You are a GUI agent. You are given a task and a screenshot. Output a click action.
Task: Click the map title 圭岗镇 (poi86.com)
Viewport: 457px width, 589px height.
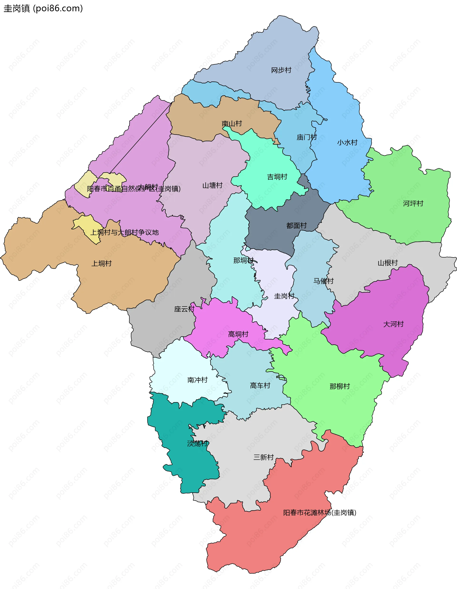(x=43, y=9)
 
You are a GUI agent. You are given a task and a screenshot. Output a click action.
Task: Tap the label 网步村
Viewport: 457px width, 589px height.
(x=281, y=70)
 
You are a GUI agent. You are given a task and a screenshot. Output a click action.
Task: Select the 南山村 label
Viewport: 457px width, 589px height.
(x=232, y=124)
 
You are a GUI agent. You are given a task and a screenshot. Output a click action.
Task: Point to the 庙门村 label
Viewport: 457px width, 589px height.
(x=307, y=137)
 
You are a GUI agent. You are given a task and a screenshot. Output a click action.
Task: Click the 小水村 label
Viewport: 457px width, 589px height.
(x=347, y=142)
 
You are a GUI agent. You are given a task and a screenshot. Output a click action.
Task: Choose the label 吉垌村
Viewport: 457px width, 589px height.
(x=277, y=177)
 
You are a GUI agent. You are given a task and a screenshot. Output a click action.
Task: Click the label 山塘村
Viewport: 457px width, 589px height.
(x=212, y=186)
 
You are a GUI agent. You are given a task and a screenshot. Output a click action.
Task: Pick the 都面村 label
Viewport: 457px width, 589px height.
(x=297, y=225)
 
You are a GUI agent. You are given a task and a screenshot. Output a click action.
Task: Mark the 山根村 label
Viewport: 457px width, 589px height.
(x=388, y=263)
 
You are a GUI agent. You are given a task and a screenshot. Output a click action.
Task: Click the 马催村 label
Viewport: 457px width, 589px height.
(x=323, y=281)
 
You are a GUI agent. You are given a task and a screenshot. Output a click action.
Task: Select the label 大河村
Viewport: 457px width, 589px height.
(x=393, y=324)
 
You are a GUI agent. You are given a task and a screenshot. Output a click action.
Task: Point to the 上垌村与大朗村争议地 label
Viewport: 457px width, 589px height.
(x=124, y=233)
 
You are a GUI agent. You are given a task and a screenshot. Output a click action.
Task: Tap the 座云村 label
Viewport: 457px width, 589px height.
(x=184, y=309)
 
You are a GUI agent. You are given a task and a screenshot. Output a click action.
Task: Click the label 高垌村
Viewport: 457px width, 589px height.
(x=238, y=334)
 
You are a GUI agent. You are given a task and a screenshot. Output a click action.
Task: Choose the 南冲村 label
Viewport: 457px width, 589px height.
(x=198, y=380)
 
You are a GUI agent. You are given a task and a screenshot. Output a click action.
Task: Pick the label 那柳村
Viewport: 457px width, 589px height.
(x=340, y=386)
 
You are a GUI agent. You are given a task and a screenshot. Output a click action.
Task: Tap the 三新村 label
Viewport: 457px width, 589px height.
(x=263, y=457)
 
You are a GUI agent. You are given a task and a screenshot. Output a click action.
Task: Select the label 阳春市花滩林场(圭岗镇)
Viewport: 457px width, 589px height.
(x=320, y=513)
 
